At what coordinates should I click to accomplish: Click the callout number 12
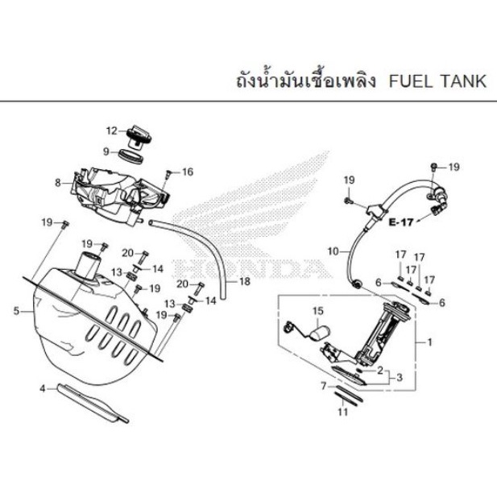tap(112, 130)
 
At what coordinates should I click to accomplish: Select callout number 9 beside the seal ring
tap(106, 151)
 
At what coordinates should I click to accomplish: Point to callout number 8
tap(58, 183)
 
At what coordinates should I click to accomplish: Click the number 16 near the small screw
tap(188, 172)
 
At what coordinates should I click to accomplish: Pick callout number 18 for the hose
tap(245, 281)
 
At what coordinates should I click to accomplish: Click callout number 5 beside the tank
tap(16, 311)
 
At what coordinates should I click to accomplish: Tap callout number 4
tap(43, 388)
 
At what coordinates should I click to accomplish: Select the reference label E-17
tap(401, 222)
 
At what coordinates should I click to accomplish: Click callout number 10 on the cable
tap(333, 251)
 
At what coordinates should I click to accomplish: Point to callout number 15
tap(318, 311)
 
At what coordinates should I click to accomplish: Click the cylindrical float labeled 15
tap(319, 332)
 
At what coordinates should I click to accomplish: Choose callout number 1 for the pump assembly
tap(430, 342)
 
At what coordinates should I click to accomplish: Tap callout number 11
tap(343, 412)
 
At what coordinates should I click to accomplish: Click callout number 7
tap(324, 386)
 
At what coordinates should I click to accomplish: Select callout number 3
tap(400, 377)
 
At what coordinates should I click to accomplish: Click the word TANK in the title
tap(463, 81)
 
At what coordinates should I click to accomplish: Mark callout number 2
tap(380, 370)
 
